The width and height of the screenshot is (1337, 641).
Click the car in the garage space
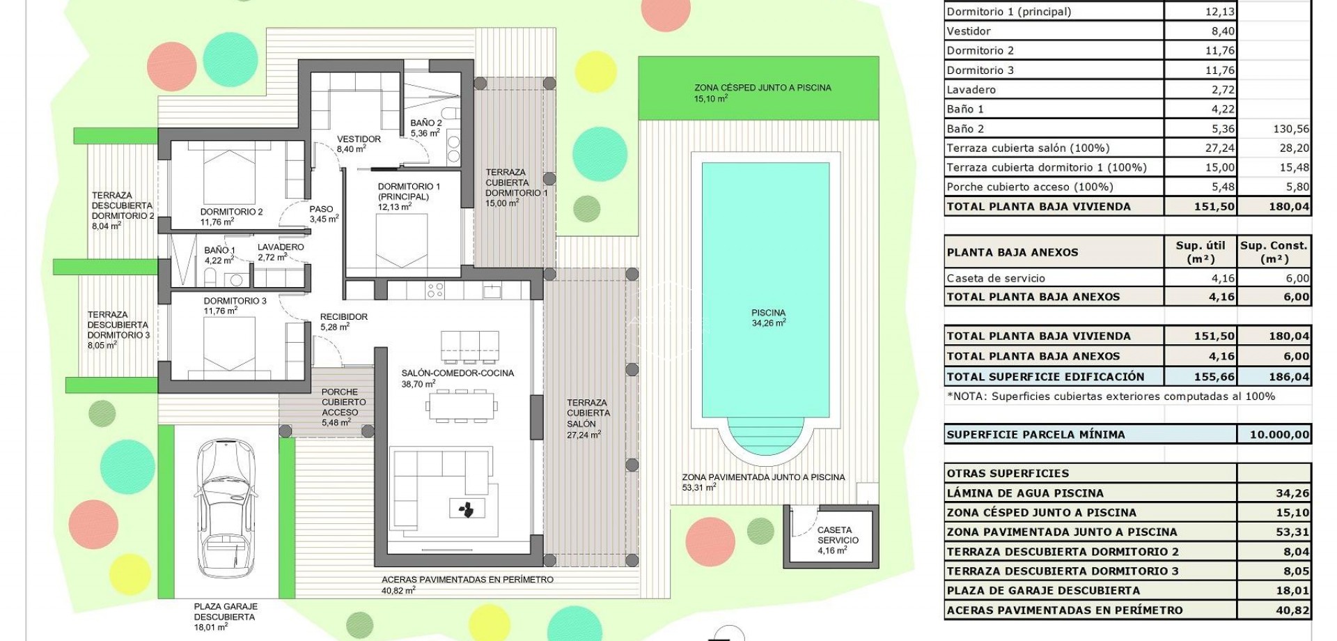(x=226, y=507)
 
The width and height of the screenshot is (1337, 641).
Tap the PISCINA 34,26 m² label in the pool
(x=768, y=318)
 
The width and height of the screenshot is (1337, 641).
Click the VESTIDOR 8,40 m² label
(x=358, y=144)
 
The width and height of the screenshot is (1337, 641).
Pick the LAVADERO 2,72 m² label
(x=280, y=252)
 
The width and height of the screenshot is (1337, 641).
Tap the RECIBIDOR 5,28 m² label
(x=343, y=321)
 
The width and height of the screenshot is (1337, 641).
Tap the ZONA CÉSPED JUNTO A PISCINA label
(x=762, y=93)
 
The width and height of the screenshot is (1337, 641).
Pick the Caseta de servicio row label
(x=996, y=278)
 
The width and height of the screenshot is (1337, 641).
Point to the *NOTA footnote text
(x=1111, y=396)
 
